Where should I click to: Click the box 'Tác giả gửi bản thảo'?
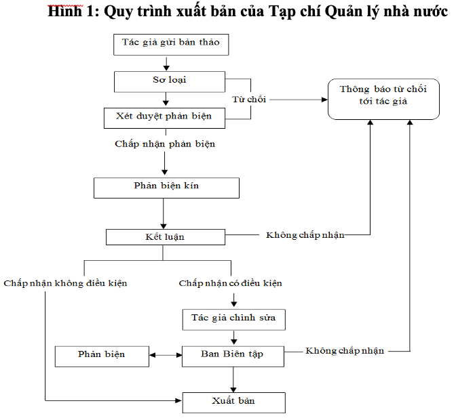pyautogui.click(x=171, y=45)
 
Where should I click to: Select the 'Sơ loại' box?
pyautogui.click(x=170, y=82)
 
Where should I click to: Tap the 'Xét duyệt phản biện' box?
pyautogui.click(x=165, y=118)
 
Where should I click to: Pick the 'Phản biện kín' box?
pyautogui.click(x=167, y=188)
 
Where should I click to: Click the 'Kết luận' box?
pyautogui.click(x=166, y=237)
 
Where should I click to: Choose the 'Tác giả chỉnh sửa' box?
pyautogui.click(x=234, y=320)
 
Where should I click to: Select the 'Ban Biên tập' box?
pyautogui.click(x=233, y=356)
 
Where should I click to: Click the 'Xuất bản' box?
pyautogui.click(x=234, y=402)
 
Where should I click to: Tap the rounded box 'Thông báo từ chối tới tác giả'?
pyautogui.click(x=383, y=99)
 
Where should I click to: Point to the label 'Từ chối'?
pyautogui.click(x=249, y=100)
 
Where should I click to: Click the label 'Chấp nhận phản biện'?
pyautogui.click(x=165, y=144)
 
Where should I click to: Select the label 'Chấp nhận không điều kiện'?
pyautogui.click(x=65, y=283)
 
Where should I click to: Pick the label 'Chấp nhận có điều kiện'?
pyautogui.click(x=230, y=283)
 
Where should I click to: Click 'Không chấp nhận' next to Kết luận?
pyautogui.click(x=305, y=235)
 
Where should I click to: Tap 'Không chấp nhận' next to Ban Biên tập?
pyautogui.click(x=345, y=351)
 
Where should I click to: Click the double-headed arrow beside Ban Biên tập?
pyautogui.click(x=166, y=355)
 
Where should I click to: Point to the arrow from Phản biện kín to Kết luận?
pyautogui.click(x=164, y=213)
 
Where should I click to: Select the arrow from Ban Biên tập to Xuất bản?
pyautogui.click(x=233, y=379)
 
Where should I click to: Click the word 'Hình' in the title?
pyautogui.click(x=65, y=12)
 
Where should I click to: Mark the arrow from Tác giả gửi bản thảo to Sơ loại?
pyautogui.click(x=166, y=64)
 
